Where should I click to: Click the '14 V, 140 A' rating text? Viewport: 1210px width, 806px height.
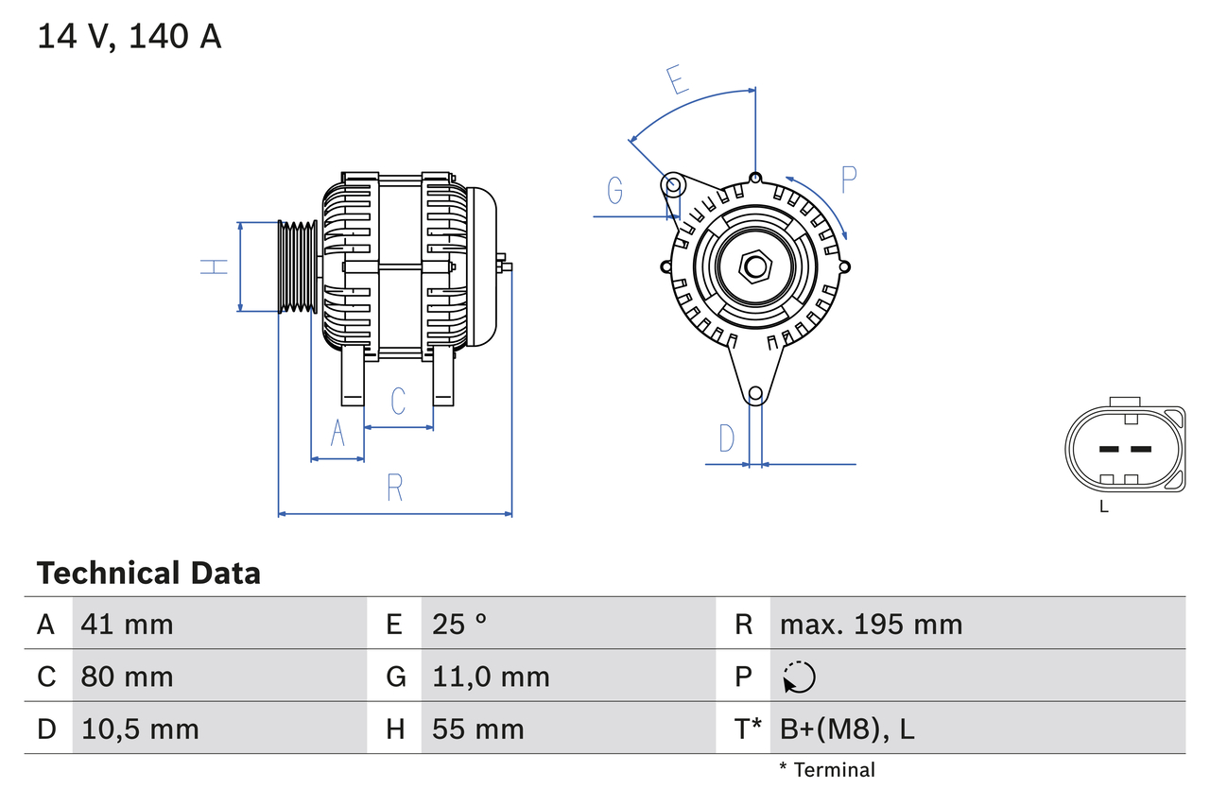tap(130, 37)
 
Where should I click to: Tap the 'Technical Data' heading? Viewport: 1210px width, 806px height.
tap(148, 573)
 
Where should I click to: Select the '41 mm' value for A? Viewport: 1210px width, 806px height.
tap(128, 624)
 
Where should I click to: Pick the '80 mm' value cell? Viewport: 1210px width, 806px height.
tap(128, 677)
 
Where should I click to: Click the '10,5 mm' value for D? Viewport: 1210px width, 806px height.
tap(140, 729)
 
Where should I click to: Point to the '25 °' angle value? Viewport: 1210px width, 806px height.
tap(459, 624)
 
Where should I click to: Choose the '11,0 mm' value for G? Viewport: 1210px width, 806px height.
tap(491, 677)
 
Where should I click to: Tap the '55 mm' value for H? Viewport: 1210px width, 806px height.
tap(477, 729)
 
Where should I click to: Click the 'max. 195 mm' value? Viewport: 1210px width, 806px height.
tap(871, 624)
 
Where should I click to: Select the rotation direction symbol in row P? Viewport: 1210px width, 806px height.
tap(799, 677)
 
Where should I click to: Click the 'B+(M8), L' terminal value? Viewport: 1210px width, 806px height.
tap(847, 729)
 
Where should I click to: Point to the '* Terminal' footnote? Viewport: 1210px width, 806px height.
tap(827, 770)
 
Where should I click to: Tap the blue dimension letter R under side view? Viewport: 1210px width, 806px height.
tap(395, 488)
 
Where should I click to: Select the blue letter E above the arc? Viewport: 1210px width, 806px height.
tap(677, 81)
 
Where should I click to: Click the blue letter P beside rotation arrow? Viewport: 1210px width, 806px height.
tap(848, 180)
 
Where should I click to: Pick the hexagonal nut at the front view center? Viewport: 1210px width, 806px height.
tap(754, 266)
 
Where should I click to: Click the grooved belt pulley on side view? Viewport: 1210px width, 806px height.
tap(298, 266)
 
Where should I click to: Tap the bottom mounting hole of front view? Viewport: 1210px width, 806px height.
tap(755, 394)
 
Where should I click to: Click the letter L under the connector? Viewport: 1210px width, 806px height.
tap(1103, 506)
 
